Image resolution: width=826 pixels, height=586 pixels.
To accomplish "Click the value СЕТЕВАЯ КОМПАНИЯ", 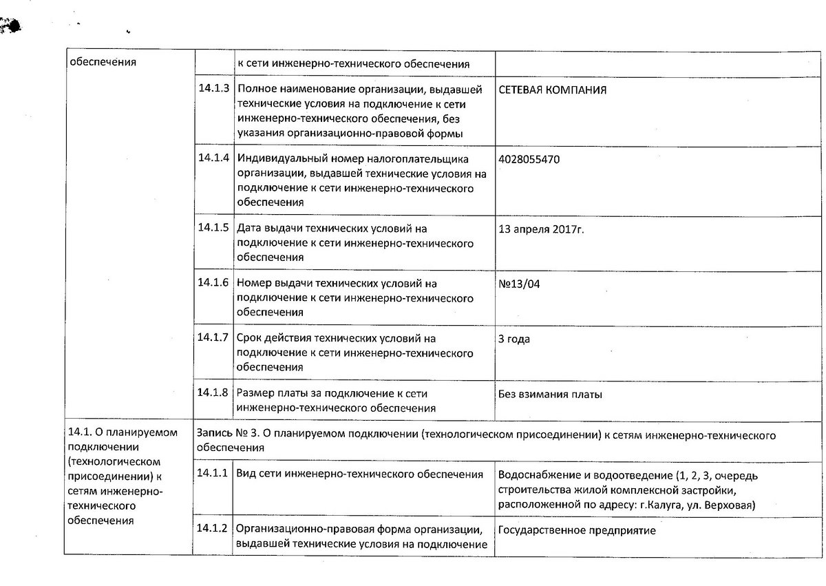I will [553, 90].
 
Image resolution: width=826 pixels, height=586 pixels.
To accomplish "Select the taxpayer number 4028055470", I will [529, 159].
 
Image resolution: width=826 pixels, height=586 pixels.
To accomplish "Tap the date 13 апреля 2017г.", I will [540, 229].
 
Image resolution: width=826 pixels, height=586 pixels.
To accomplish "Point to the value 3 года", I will [513, 339].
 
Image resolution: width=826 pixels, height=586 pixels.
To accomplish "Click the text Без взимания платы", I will [550, 395].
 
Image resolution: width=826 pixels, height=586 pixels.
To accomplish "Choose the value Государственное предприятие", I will [576, 531].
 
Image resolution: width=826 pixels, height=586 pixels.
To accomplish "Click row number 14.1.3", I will [213, 89].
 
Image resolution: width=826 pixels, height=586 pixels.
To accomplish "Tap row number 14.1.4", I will [213, 158].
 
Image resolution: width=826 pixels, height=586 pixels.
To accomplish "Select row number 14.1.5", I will [213, 227].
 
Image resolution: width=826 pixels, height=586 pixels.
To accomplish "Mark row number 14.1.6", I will [213, 282].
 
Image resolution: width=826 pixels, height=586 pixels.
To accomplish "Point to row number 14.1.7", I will [213, 337].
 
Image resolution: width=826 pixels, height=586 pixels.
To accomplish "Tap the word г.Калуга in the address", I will [651, 505].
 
